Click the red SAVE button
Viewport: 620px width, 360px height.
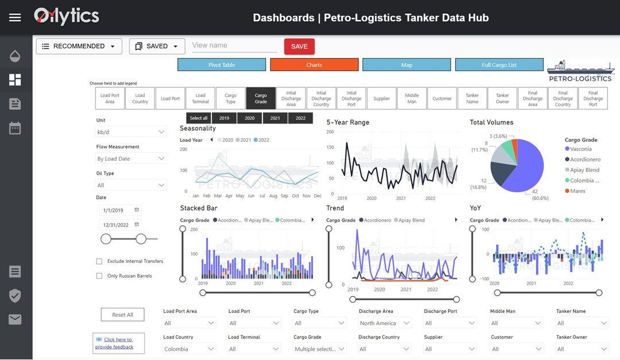point(299,47)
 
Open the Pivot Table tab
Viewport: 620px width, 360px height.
point(222,65)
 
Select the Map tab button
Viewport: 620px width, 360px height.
point(406,65)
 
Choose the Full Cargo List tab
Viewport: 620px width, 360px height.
point(499,65)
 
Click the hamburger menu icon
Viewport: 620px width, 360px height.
point(15,17)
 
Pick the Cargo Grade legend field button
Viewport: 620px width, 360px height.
point(261,99)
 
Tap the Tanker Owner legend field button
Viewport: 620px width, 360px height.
point(502,99)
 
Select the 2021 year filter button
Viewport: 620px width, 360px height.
point(275,118)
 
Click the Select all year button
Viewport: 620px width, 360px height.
point(199,118)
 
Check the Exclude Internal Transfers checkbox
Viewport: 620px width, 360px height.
point(99,261)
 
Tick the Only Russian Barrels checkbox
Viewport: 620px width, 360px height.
point(99,276)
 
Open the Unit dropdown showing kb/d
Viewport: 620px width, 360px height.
point(131,132)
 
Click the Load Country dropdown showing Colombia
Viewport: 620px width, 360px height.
point(189,349)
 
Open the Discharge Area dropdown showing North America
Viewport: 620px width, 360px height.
point(385,323)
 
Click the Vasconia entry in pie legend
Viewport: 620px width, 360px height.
point(581,149)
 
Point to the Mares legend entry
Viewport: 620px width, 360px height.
point(578,191)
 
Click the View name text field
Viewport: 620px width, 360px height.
point(234,46)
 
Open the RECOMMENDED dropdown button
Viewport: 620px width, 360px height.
point(79,47)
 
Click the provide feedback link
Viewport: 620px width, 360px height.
point(118,343)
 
